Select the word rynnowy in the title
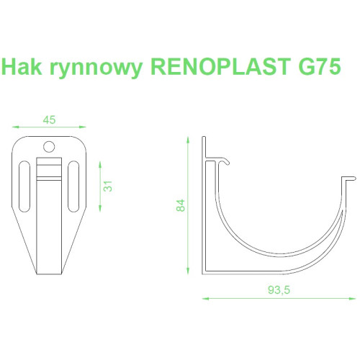pyautogui.click(x=96, y=68)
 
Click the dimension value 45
pyautogui.click(x=49, y=120)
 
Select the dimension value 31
pyautogui.click(x=108, y=186)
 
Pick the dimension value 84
pyautogui.click(x=181, y=205)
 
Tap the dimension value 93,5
pyautogui.click(x=279, y=290)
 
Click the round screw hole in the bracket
pyautogui.click(x=49, y=146)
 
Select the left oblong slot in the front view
pyautogui.click(x=24, y=186)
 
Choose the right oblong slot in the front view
pyautogui.click(x=73, y=186)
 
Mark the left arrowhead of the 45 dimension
pyautogui.click(x=15, y=127)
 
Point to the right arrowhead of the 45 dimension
pyautogui.click(x=83, y=127)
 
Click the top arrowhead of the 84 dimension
pyautogui.click(x=188, y=140)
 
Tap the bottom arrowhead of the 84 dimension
pyautogui.click(x=188, y=271)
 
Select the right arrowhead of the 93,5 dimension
pyautogui.click(x=353, y=299)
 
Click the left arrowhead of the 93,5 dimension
pyautogui.click(x=205, y=299)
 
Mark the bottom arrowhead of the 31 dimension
pyautogui.click(x=100, y=209)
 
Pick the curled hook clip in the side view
pyautogui.click(x=222, y=161)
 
